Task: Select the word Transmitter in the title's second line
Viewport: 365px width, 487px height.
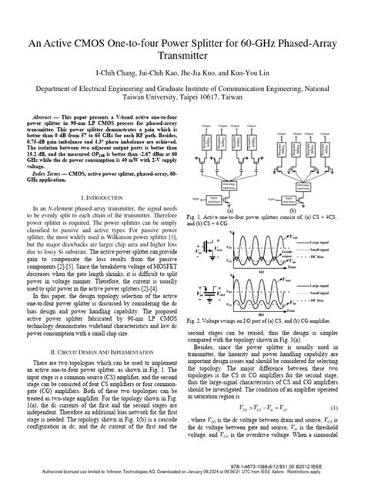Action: click(182, 55)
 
